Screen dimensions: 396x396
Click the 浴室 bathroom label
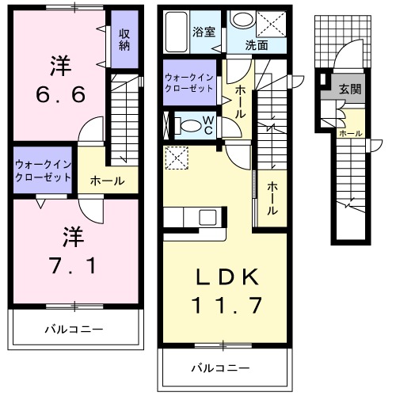click(204, 33)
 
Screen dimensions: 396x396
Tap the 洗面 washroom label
click(256, 46)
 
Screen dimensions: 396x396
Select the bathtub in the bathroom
click(177, 30)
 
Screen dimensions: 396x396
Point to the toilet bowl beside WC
click(190, 125)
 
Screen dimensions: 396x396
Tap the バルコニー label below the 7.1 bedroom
click(72, 327)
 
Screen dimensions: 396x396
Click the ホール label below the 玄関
click(350, 133)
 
